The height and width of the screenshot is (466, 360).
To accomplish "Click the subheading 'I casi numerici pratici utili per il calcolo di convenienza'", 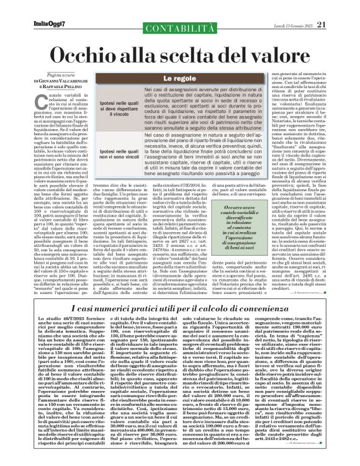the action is point(180,310).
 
